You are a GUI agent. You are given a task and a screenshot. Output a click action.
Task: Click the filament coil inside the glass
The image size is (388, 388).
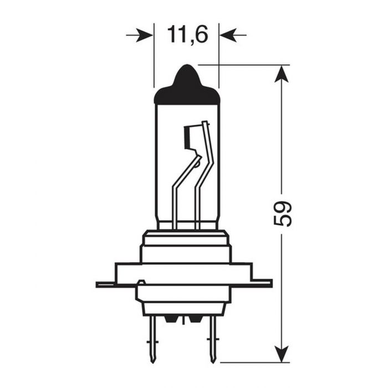(189, 137)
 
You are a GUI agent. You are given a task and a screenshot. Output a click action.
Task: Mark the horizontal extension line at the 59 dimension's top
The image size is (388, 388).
(244, 65)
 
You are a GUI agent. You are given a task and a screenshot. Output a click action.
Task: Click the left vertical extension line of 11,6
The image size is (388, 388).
(153, 55)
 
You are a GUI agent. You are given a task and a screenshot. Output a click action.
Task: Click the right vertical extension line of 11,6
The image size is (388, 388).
(219, 55)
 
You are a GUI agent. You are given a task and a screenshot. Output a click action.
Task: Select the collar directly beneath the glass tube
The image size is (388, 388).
(186, 238)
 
